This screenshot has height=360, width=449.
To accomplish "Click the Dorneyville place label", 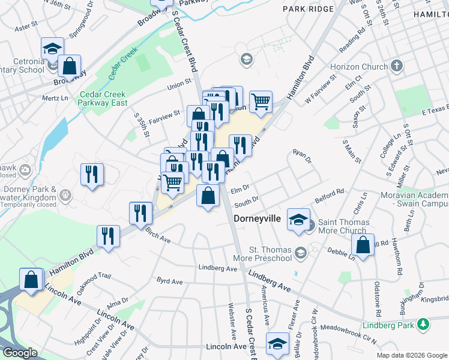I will pyautogui.click(x=257, y=219).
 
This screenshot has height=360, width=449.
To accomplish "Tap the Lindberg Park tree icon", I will pyautogui.click(x=424, y=325).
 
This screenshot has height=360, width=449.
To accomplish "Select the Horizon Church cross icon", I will pyautogui.click(x=396, y=65).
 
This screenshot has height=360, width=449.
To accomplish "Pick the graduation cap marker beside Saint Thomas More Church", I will pyautogui.click(x=298, y=220).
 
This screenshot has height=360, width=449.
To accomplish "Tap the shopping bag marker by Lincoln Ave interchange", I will pyautogui.click(x=31, y=280).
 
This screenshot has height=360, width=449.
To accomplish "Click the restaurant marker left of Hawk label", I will pyautogui.click(x=92, y=175).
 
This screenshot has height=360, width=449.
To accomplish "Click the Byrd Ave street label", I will pyautogui.click(x=169, y=281).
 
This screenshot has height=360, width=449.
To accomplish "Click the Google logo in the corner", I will pyautogui.click(x=19, y=353).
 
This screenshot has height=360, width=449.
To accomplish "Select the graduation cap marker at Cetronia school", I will pyautogui.click(x=52, y=49).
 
